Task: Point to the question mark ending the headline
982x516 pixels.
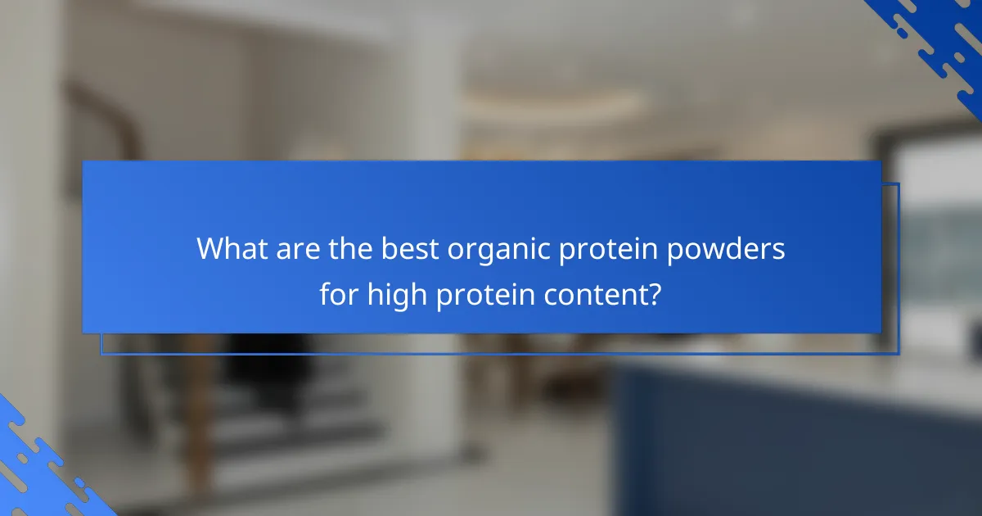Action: coord(655,293)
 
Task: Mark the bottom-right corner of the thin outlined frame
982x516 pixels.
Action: coord(899,354)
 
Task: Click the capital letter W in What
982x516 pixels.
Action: coord(212,249)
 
